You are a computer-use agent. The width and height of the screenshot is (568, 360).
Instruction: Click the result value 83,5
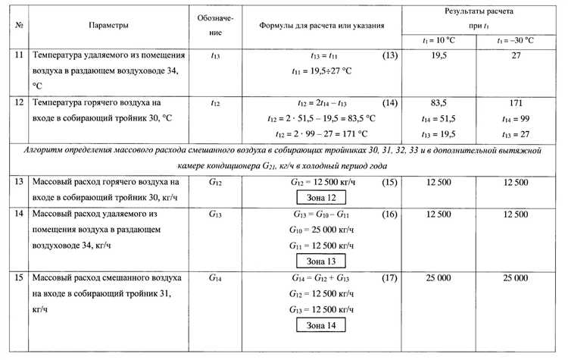438,102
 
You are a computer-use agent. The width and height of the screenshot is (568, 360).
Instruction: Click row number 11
20,56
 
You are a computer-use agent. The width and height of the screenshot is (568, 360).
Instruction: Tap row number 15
20,278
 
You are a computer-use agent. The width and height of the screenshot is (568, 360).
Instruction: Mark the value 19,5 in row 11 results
438,56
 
